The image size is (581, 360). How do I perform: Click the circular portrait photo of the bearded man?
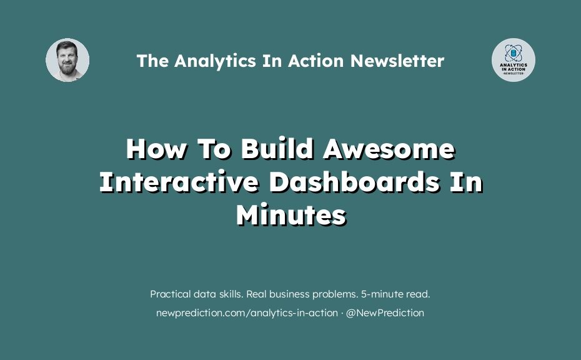pyautogui.click(x=67, y=60)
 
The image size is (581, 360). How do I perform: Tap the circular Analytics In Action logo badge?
pyautogui.click(x=513, y=60)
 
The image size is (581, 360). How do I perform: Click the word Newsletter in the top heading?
pyautogui.click(x=397, y=61)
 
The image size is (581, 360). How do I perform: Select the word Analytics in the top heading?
pyautogui.click(x=215, y=61)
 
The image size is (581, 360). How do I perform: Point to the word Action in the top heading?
pyautogui.click(x=316, y=61)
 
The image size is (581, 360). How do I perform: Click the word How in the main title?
pyautogui.click(x=156, y=149)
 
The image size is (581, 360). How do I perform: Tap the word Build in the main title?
pyautogui.click(x=277, y=149)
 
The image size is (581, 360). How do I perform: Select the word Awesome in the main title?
pyautogui.click(x=389, y=149)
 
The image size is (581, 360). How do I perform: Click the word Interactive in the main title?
pyautogui.click(x=179, y=182)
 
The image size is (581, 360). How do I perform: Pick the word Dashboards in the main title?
pyautogui.click(x=355, y=182)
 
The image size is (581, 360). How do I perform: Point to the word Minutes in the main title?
pyautogui.click(x=291, y=214)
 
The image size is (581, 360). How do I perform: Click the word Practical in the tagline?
pyautogui.click(x=170, y=294)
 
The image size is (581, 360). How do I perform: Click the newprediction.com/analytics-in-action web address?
pyautogui.click(x=247, y=313)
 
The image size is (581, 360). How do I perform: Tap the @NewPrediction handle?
pyautogui.click(x=385, y=313)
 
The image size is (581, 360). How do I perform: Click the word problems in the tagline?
pyautogui.click(x=335, y=295)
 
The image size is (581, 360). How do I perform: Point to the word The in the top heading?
pyautogui.click(x=152, y=61)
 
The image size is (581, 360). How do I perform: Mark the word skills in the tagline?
pyautogui.click(x=232, y=294)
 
